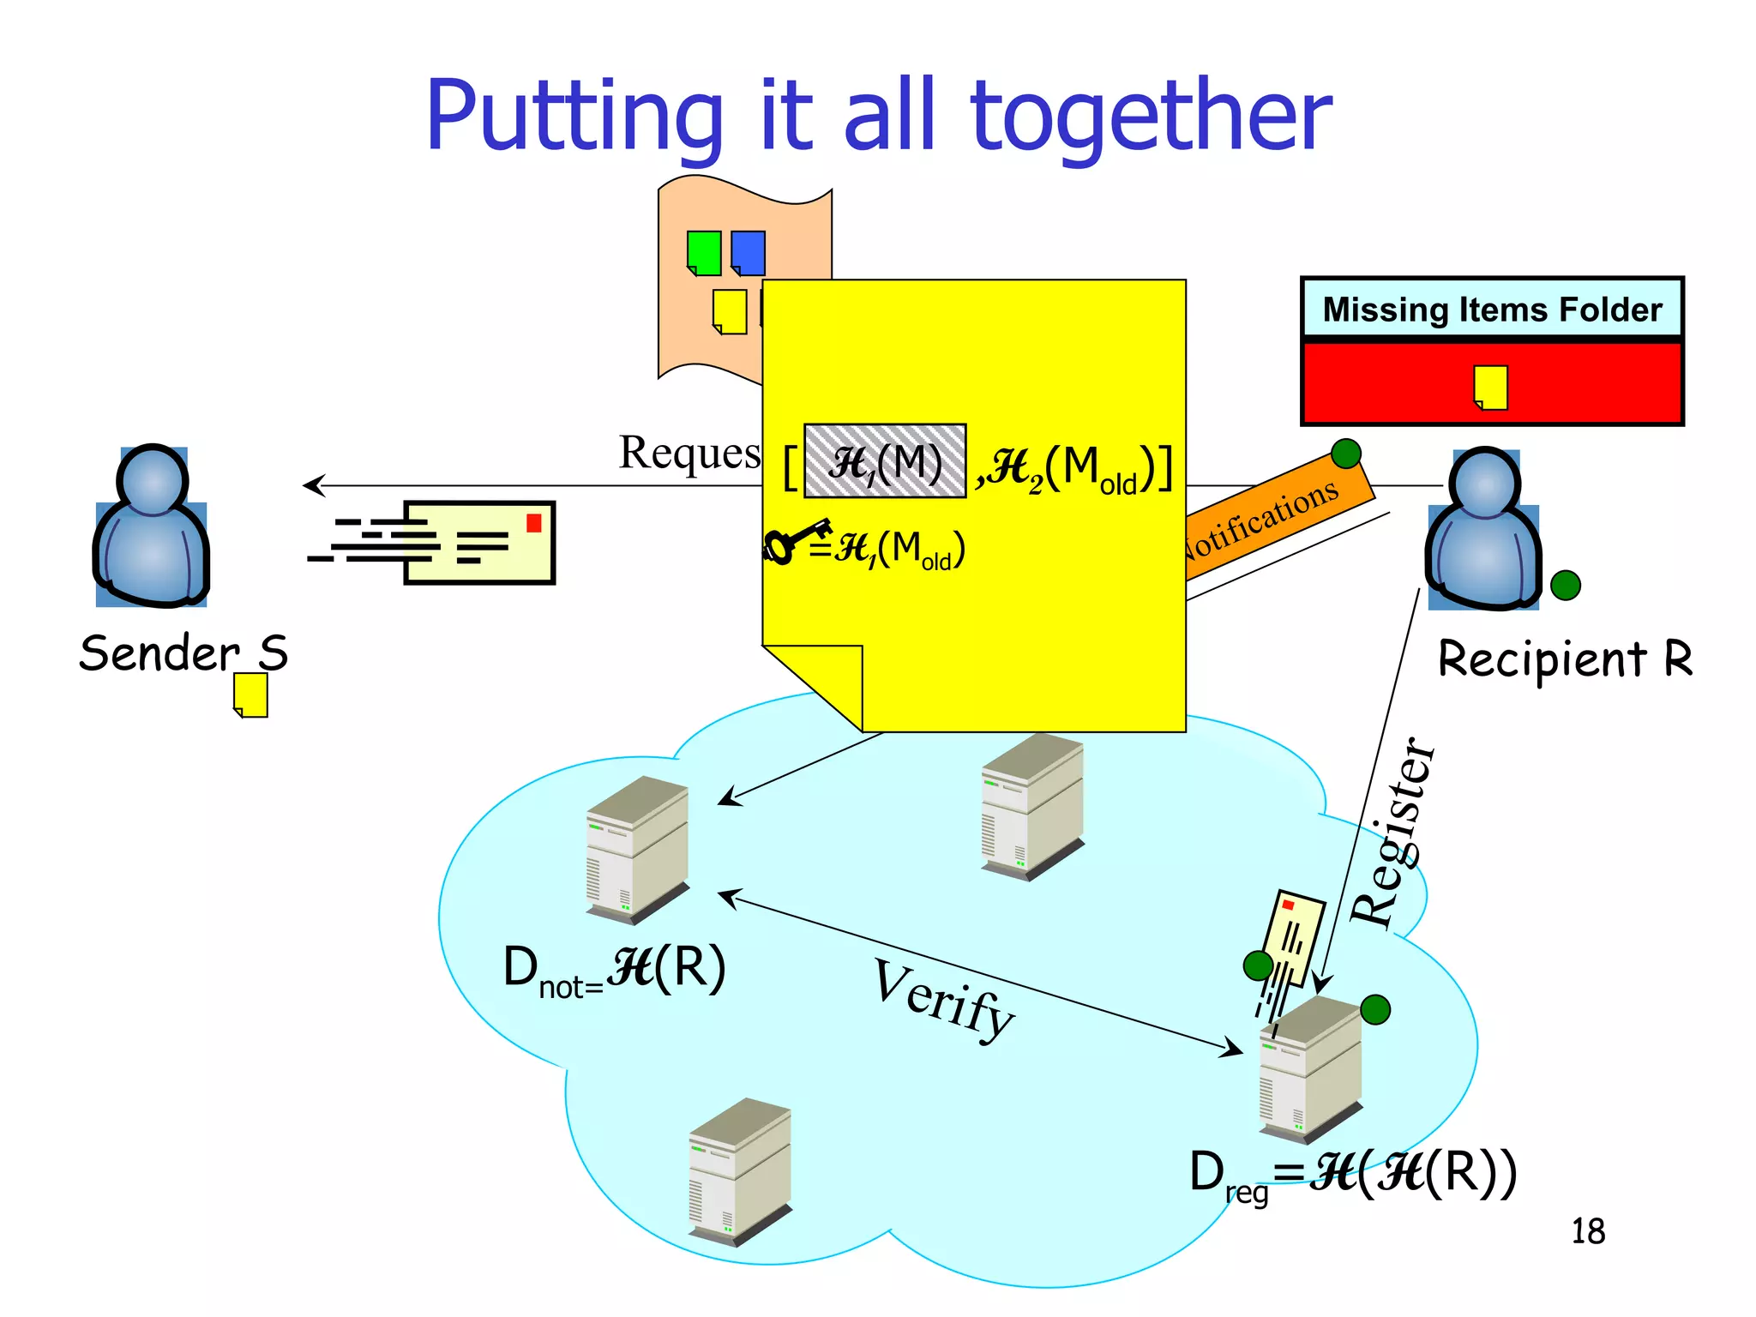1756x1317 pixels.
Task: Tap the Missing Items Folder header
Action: [x=1492, y=310]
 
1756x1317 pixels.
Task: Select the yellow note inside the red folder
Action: [x=1490, y=388]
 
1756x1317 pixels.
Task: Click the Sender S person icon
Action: [x=152, y=526]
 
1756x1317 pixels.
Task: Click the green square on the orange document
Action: [x=704, y=253]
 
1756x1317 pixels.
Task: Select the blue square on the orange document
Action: [x=748, y=253]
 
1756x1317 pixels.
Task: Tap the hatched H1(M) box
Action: [x=885, y=461]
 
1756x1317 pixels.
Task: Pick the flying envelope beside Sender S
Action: [x=478, y=543]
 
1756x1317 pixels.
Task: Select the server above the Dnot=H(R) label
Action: [x=637, y=850]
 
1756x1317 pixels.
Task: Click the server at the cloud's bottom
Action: [x=740, y=1171]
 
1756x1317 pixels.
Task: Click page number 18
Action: [x=1587, y=1231]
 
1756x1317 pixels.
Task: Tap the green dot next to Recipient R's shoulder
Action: [x=1565, y=586]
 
